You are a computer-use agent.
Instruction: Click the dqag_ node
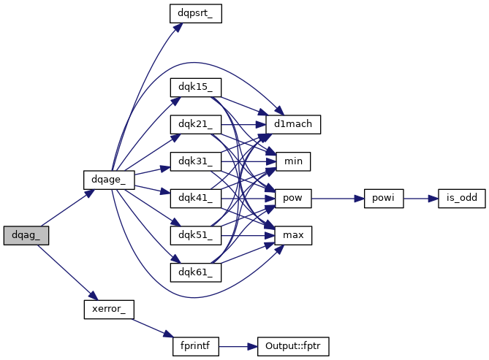(26, 235)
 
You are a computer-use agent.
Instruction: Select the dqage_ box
(108, 179)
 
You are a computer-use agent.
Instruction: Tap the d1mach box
(293, 124)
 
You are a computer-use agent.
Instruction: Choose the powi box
(383, 198)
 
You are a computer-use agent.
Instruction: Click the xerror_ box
(108, 309)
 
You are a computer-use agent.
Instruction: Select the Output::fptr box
(293, 346)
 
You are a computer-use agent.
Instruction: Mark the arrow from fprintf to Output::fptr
(238, 346)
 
